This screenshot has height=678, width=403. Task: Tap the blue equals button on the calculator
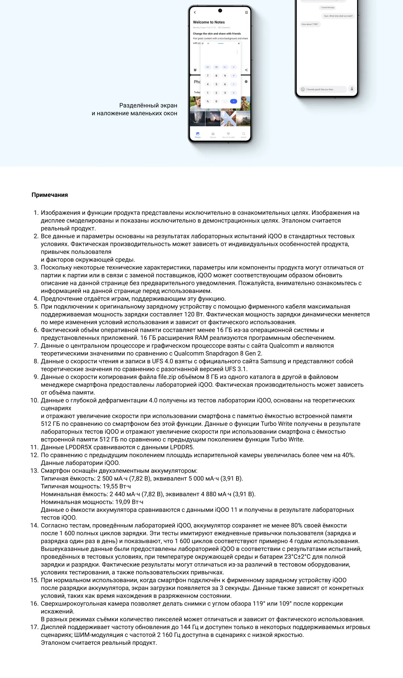(234, 101)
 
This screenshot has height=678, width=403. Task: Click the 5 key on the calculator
(216, 84)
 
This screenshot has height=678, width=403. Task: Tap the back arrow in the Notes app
(195, 12)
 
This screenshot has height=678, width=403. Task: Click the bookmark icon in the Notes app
(246, 12)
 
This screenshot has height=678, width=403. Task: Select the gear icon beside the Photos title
(246, 82)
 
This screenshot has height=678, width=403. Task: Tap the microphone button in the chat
(352, 89)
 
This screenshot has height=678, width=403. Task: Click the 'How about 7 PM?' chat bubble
(310, 24)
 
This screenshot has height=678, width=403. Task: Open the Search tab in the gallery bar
(244, 135)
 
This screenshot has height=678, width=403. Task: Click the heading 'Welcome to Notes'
(209, 22)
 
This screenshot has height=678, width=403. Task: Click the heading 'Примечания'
(50, 195)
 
